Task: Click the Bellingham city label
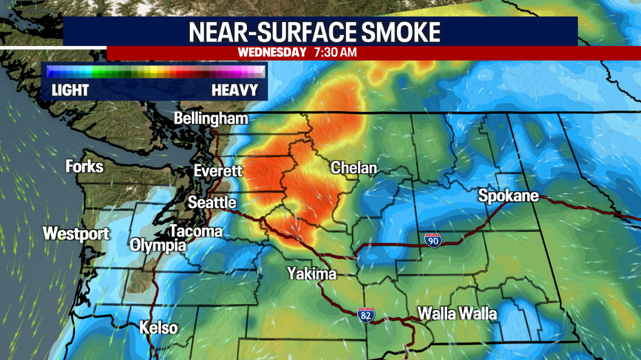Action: [x=210, y=119]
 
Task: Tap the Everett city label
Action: [x=218, y=171]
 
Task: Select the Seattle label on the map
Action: [x=212, y=203]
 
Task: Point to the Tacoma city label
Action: [x=195, y=231]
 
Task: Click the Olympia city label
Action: [x=158, y=245]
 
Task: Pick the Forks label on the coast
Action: [x=85, y=166]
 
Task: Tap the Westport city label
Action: [x=76, y=234]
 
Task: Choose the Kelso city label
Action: [x=159, y=328]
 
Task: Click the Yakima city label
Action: [x=312, y=274]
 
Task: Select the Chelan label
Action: [x=354, y=168]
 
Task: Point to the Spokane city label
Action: [x=508, y=197]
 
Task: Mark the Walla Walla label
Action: [x=457, y=314]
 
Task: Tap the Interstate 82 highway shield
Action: [x=366, y=315]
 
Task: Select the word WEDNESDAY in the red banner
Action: [x=272, y=52]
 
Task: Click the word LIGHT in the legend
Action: [x=70, y=90]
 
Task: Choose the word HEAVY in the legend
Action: [x=235, y=90]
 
